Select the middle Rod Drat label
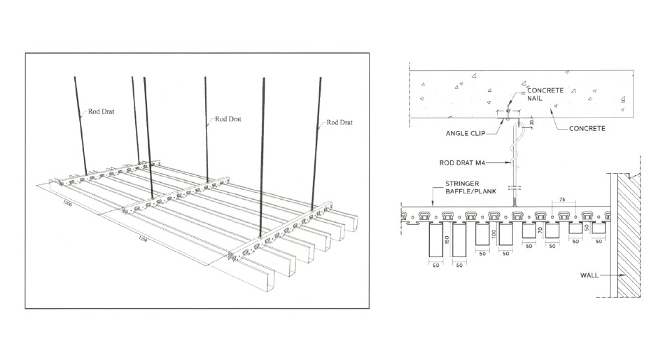coord(227,119)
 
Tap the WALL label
coord(589,275)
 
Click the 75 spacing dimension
coord(561,200)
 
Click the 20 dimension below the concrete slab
coord(532,123)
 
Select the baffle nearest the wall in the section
coord(599,228)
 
